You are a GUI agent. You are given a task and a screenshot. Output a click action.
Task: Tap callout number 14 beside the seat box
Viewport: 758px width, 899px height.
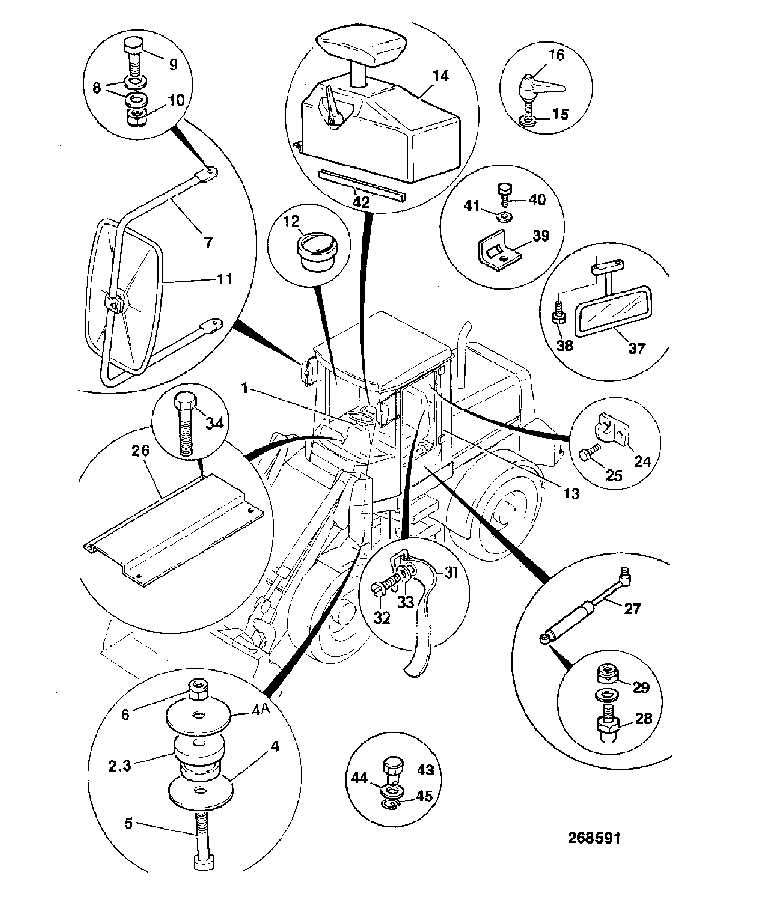coord(441,76)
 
